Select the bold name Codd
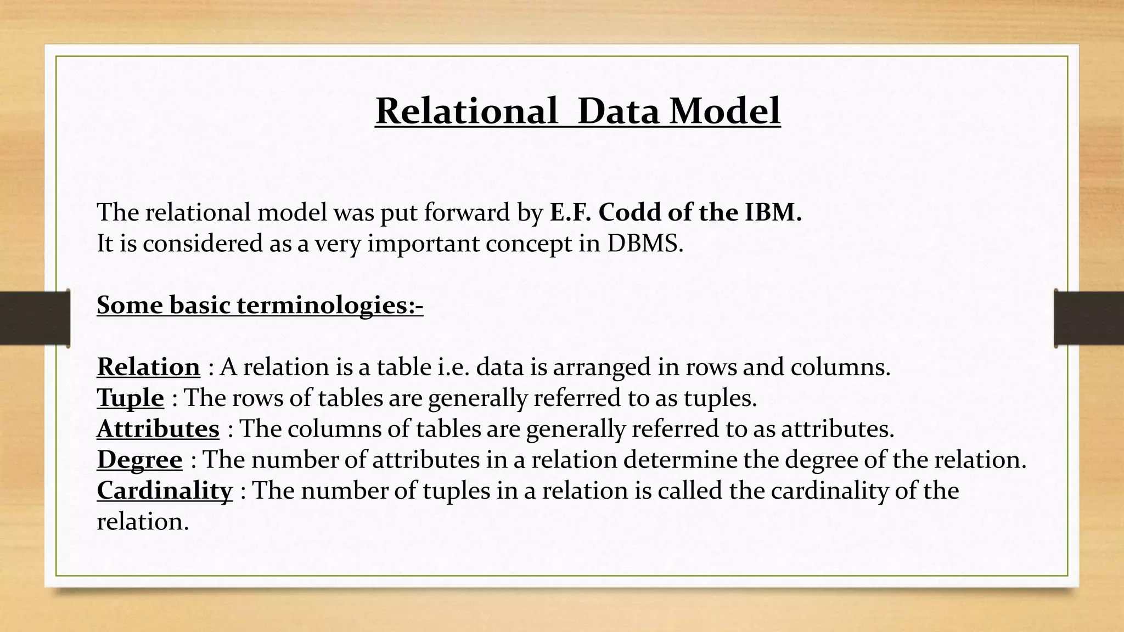pyautogui.click(x=630, y=212)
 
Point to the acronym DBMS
pyautogui.click(x=645, y=244)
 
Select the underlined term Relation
pyautogui.click(x=148, y=367)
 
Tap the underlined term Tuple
pyautogui.click(x=130, y=398)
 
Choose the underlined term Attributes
pyautogui.click(x=158, y=429)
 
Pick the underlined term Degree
pyautogui.click(x=139, y=460)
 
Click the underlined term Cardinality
pyautogui.click(x=165, y=490)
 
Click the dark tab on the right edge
pyautogui.click(x=1089, y=318)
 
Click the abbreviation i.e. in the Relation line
pyautogui.click(x=454, y=367)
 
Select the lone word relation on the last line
pyautogui.click(x=143, y=522)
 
